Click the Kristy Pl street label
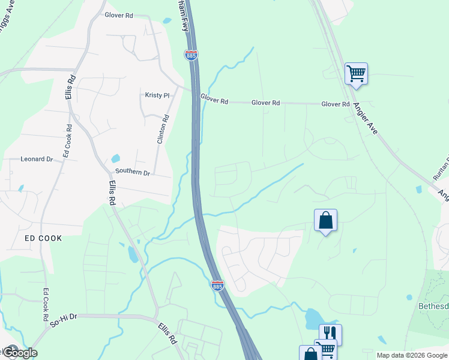click(x=157, y=95)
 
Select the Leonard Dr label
click(x=37, y=159)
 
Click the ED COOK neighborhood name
click(x=43, y=238)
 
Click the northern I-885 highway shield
click(x=191, y=55)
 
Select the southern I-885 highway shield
click(x=217, y=286)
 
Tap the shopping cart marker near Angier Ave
click(x=356, y=74)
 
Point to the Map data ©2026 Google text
click(x=412, y=355)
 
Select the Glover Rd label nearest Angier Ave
click(x=335, y=104)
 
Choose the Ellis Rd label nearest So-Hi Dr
click(x=167, y=333)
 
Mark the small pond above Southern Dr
click(x=116, y=159)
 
